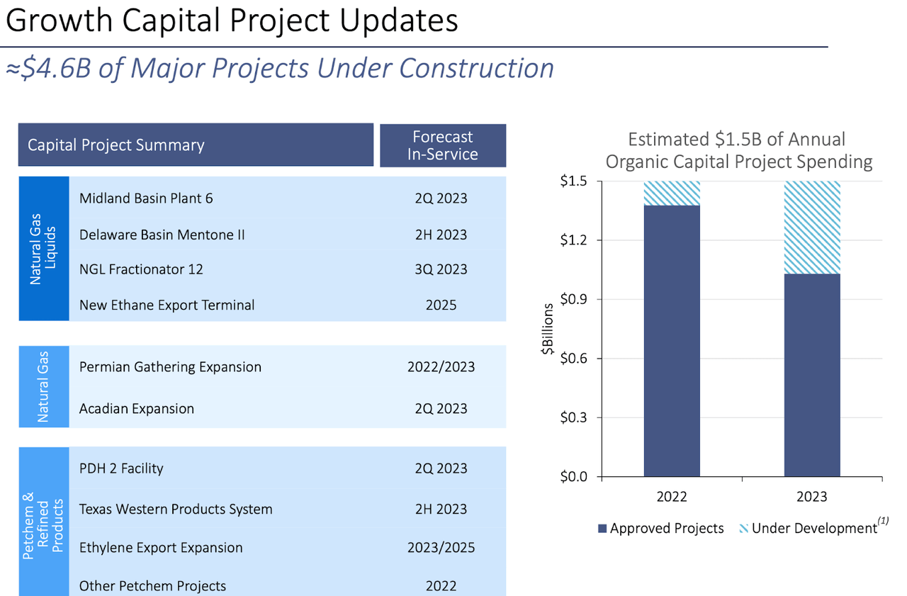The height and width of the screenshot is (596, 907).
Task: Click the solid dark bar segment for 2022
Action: pyautogui.click(x=672, y=340)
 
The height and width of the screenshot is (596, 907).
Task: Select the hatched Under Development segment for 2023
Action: pyautogui.click(x=811, y=227)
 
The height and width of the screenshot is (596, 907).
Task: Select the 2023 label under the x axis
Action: pyautogui.click(x=811, y=496)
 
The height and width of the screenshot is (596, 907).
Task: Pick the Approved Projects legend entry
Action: pyautogui.click(x=660, y=528)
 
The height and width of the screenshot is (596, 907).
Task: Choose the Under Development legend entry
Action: pyautogui.click(x=813, y=528)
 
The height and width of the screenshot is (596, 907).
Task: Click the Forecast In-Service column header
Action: pyautogui.click(x=443, y=145)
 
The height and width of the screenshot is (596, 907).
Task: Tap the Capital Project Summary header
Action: pyautogui.click(x=116, y=145)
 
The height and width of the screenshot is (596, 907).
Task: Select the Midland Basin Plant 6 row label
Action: pyautogui.click(x=146, y=198)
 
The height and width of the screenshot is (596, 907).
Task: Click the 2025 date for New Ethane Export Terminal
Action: pyautogui.click(x=441, y=305)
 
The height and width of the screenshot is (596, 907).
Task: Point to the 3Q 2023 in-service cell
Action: pyautogui.click(x=441, y=269)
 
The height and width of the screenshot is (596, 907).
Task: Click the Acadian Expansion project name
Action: pyautogui.click(x=137, y=409)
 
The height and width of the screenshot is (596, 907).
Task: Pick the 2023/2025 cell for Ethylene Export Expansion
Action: pyautogui.click(x=441, y=548)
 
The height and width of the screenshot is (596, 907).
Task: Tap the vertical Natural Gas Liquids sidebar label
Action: pyautogui.click(x=43, y=249)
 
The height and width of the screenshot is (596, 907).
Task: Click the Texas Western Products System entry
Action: pyautogui.click(x=176, y=509)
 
